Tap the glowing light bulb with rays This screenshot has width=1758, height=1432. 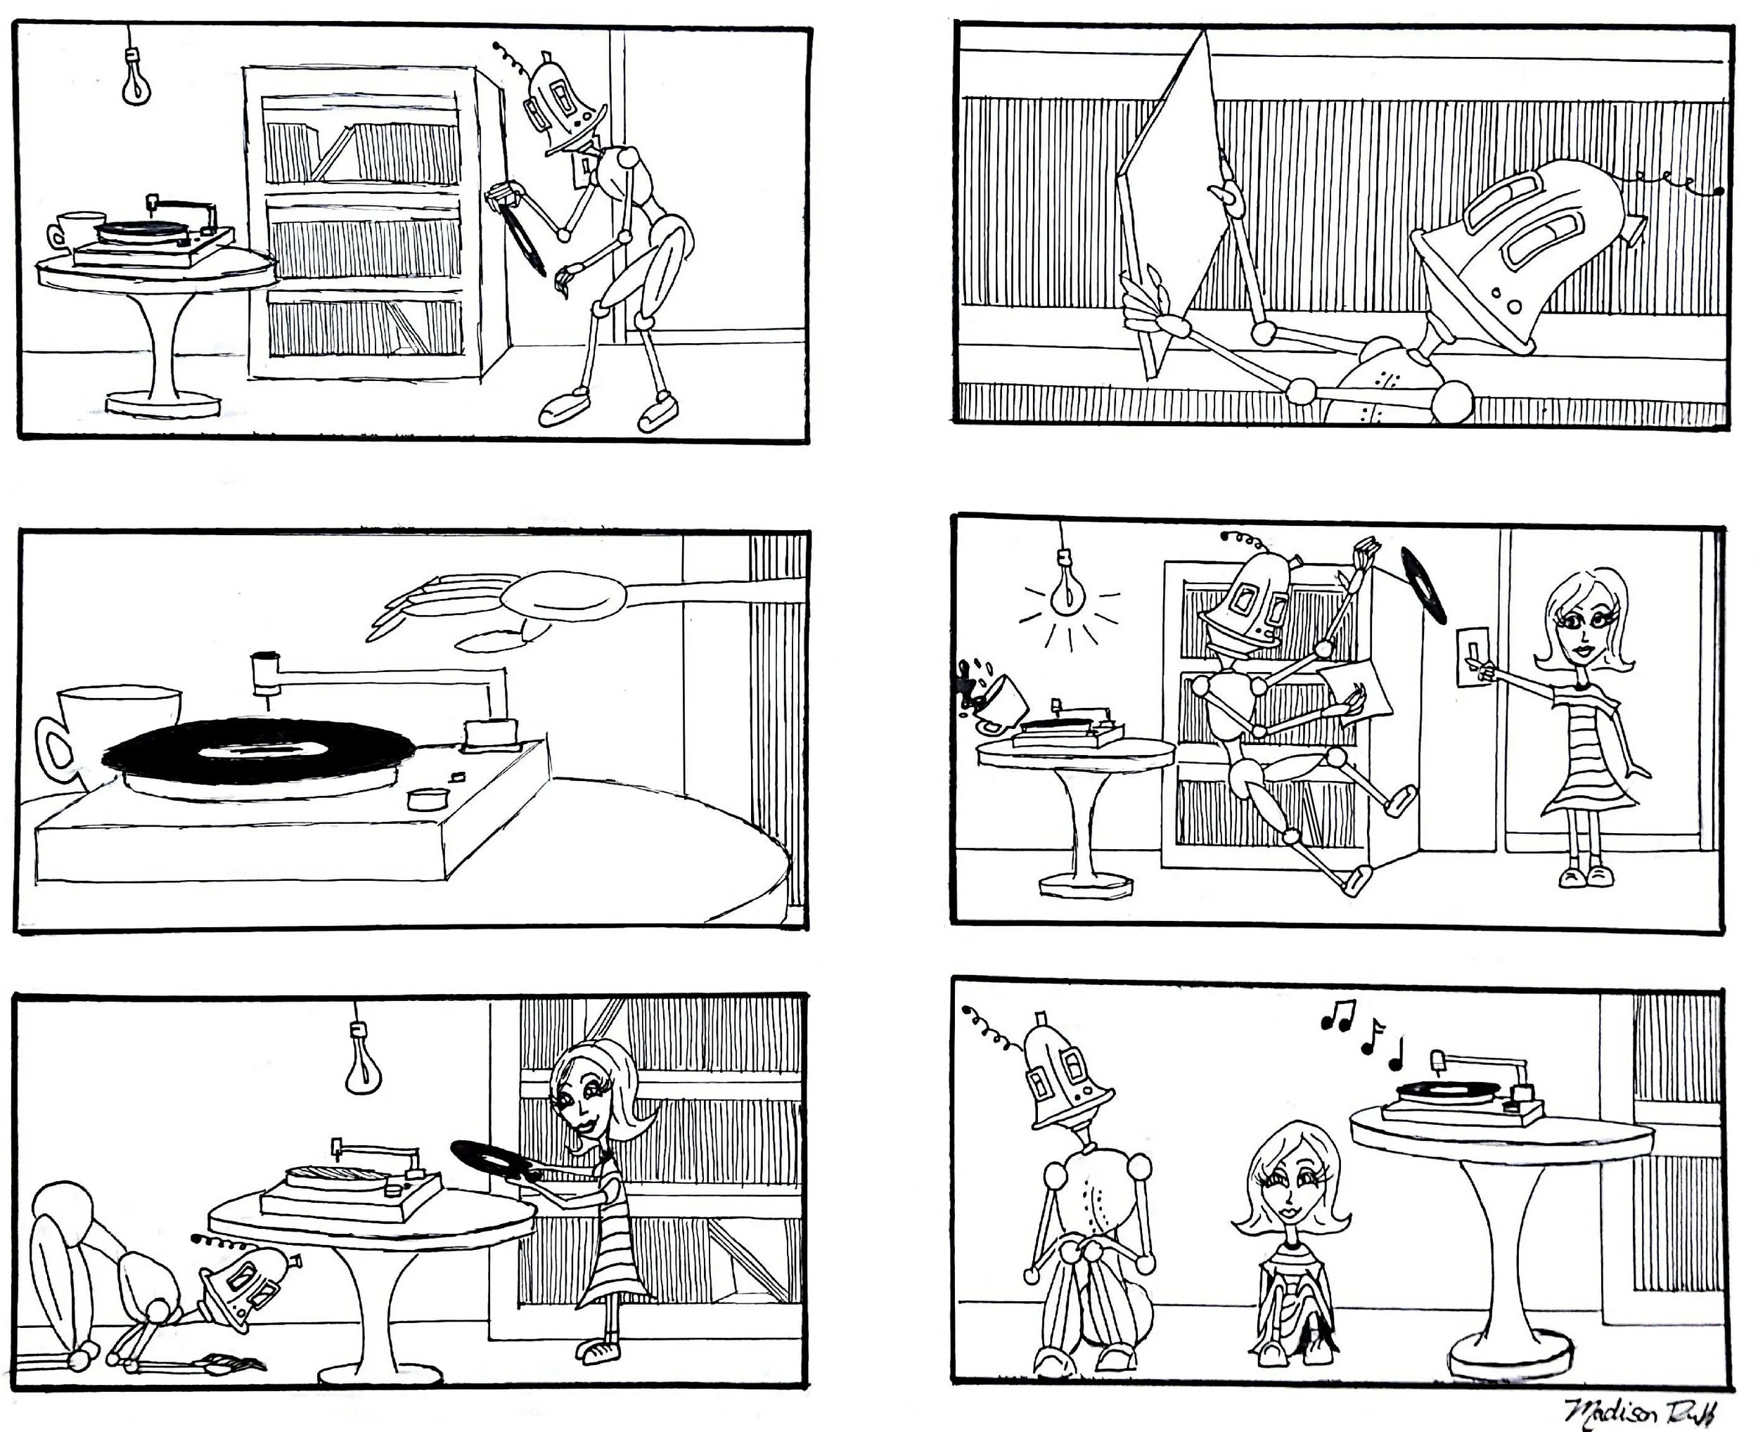coord(1068,590)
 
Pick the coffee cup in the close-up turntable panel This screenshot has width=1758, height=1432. coord(111,730)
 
